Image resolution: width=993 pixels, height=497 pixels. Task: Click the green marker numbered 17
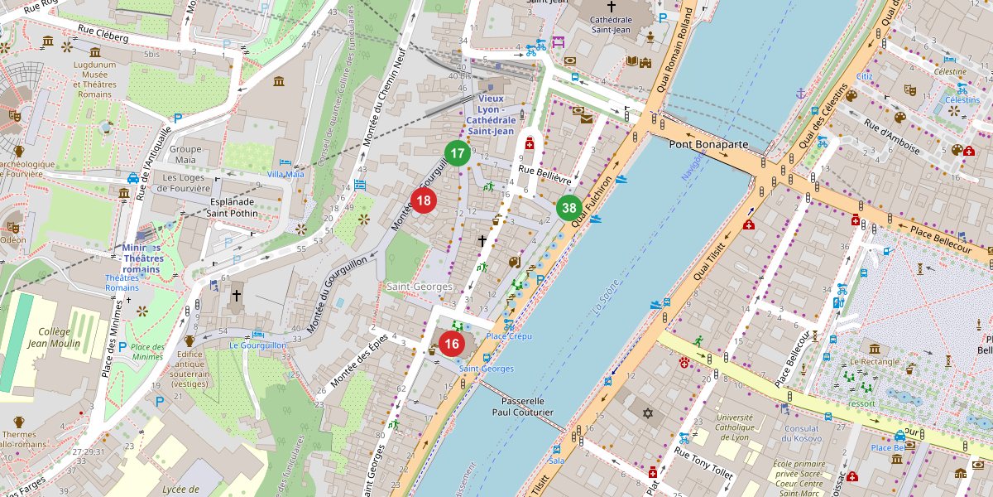coord(457,153)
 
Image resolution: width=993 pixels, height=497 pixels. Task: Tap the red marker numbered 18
coord(424,200)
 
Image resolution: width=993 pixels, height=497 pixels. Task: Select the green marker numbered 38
coord(568,208)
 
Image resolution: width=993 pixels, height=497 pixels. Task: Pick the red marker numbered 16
coord(451,344)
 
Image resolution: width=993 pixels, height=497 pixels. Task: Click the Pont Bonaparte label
coord(708,144)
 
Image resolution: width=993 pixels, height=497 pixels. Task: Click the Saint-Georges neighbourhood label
coord(420,287)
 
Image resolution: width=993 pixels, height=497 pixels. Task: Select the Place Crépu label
coord(508,335)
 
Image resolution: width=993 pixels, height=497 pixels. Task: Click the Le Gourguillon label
coord(257,345)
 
